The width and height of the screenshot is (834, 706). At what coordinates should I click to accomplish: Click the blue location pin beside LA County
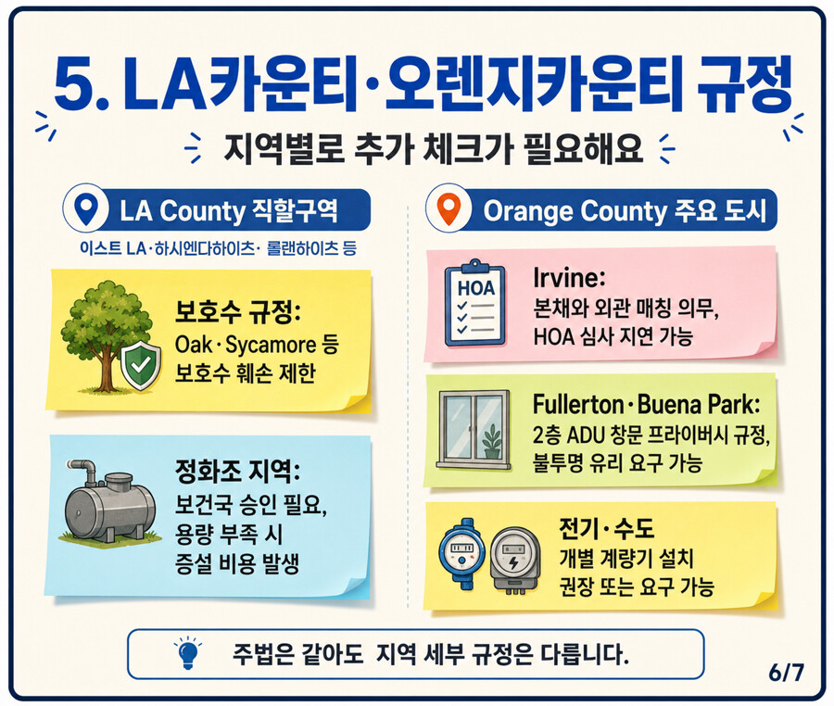[x=86, y=209]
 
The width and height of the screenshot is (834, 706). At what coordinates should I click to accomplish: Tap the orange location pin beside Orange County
[x=449, y=210]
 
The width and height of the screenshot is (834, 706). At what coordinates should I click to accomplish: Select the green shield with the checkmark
[x=141, y=365]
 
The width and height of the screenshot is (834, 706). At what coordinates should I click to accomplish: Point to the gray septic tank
[x=110, y=505]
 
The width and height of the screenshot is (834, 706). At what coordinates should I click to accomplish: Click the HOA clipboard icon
[x=474, y=304]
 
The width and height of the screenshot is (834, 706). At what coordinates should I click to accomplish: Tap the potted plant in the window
[x=491, y=441]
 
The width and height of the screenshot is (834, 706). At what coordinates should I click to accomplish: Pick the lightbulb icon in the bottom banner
[x=188, y=651]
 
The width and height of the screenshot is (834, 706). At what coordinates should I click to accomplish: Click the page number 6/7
[x=786, y=673]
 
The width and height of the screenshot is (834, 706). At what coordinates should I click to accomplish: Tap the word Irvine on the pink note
[x=566, y=278]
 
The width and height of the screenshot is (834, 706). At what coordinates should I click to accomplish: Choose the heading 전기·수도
[x=606, y=528]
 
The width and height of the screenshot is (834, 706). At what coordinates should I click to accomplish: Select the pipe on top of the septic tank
[x=84, y=470]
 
